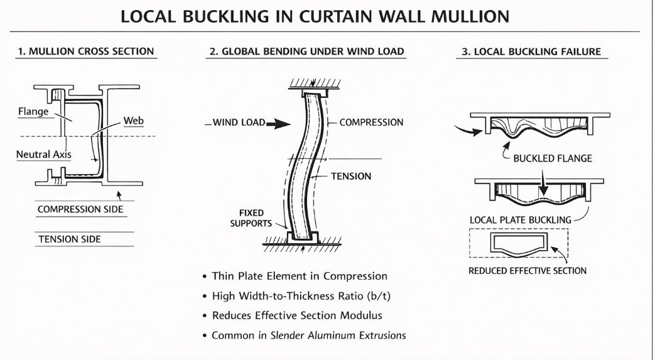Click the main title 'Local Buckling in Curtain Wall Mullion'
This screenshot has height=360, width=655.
[315, 16]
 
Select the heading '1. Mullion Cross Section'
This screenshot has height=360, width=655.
[85, 52]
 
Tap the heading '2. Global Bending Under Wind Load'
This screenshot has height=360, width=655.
[306, 52]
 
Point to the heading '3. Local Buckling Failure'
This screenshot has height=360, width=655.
[531, 52]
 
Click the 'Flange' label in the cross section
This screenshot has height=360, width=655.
[33, 112]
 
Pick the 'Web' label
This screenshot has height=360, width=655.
[134, 121]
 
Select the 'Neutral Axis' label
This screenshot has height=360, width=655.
[44, 155]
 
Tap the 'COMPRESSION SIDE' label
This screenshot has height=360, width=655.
[80, 209]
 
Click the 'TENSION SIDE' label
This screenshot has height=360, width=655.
[70, 239]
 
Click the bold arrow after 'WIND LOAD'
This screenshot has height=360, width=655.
[278, 123]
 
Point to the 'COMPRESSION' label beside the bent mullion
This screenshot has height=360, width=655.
[371, 123]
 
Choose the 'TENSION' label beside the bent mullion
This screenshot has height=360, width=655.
[351, 177]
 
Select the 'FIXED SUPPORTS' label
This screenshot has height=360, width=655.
[251, 218]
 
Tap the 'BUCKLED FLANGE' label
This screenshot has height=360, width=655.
[553, 158]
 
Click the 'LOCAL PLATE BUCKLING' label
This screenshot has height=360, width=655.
[521, 220]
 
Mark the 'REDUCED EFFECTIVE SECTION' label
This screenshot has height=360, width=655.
[527, 271]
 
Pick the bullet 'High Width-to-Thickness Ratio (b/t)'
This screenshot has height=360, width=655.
[301, 296]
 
